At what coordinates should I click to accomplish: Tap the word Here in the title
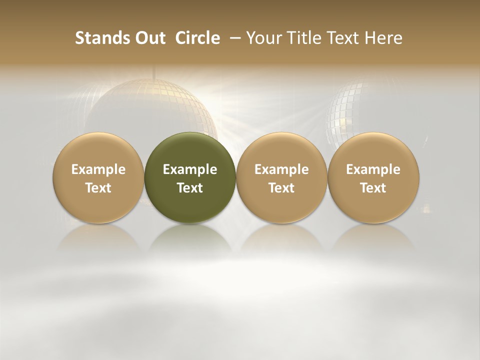[382, 38]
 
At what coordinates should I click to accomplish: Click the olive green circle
[190, 150]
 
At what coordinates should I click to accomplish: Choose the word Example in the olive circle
[190, 169]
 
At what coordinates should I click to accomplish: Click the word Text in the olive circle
[190, 188]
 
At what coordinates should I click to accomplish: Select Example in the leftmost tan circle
[98, 169]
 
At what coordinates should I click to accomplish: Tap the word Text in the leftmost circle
[98, 188]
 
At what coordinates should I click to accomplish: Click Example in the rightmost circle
[373, 169]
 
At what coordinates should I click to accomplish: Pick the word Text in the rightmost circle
[373, 188]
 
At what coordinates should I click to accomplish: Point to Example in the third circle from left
[281, 169]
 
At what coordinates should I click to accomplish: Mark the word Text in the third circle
[281, 188]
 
